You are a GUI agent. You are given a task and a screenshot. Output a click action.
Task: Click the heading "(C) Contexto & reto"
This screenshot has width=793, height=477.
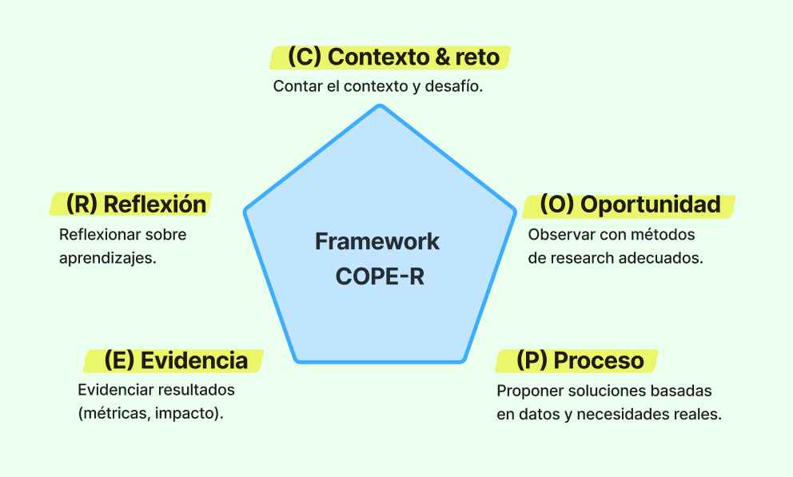coord(393,58)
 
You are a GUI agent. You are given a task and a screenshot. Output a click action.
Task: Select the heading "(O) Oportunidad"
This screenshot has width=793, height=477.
coord(630,205)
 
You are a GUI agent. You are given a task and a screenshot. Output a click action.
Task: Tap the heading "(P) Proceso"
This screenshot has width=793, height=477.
coord(580,360)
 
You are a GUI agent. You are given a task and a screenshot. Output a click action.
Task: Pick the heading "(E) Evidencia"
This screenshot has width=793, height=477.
coord(176,360)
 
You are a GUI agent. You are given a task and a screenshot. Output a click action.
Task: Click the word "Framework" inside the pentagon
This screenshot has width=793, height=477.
coord(377,241)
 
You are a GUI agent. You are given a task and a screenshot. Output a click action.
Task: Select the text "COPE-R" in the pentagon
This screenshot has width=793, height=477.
coord(377,276)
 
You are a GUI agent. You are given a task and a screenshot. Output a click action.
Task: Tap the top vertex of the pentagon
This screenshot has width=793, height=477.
coord(381,107)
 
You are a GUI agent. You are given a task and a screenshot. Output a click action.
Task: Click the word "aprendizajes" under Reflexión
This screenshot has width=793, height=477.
coord(105,259)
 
